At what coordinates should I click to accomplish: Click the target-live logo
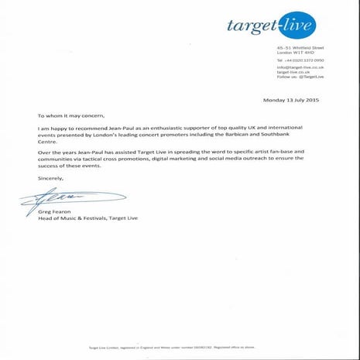click(x=272, y=26)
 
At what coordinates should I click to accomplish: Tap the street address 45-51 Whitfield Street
click(x=300, y=49)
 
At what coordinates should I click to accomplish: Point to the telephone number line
click(x=300, y=60)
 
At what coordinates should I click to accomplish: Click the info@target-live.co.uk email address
click(x=300, y=67)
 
